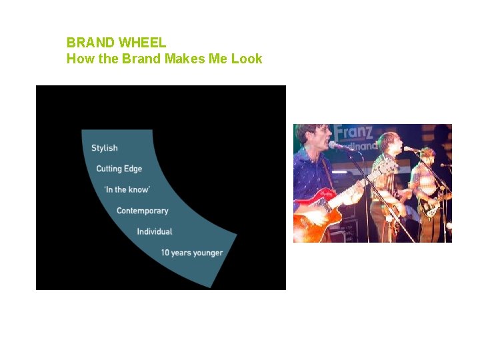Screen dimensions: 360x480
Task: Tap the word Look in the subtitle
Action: tap(247, 59)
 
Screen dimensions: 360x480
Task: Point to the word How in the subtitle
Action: tap(77, 59)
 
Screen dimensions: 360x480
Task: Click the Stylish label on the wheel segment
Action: tap(105, 148)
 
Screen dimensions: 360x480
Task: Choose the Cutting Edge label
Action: tap(119, 169)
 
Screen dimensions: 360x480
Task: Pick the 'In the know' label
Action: tap(127, 190)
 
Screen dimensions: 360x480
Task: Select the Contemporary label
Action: tap(143, 211)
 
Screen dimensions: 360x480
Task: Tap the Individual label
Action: tap(155, 232)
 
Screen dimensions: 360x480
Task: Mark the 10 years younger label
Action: tap(192, 253)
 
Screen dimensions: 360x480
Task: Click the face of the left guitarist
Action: tap(314, 139)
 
